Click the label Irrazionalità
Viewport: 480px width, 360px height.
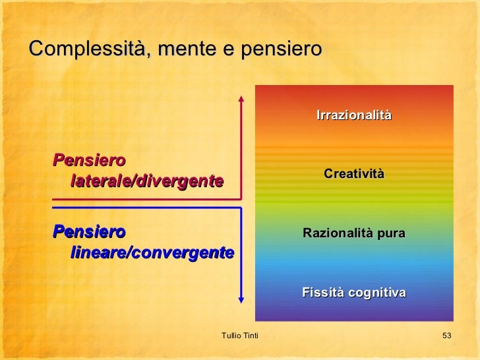(x=354, y=115)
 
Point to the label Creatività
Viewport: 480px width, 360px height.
(x=353, y=173)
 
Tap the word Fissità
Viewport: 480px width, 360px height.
(x=324, y=292)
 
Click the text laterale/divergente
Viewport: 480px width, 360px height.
(x=146, y=181)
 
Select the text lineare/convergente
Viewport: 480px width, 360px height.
(x=152, y=253)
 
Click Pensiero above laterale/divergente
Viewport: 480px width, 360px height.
(x=89, y=160)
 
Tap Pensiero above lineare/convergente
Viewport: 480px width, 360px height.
(x=89, y=232)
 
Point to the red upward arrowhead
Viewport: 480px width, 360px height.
(x=241, y=99)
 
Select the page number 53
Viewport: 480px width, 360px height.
(x=446, y=337)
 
